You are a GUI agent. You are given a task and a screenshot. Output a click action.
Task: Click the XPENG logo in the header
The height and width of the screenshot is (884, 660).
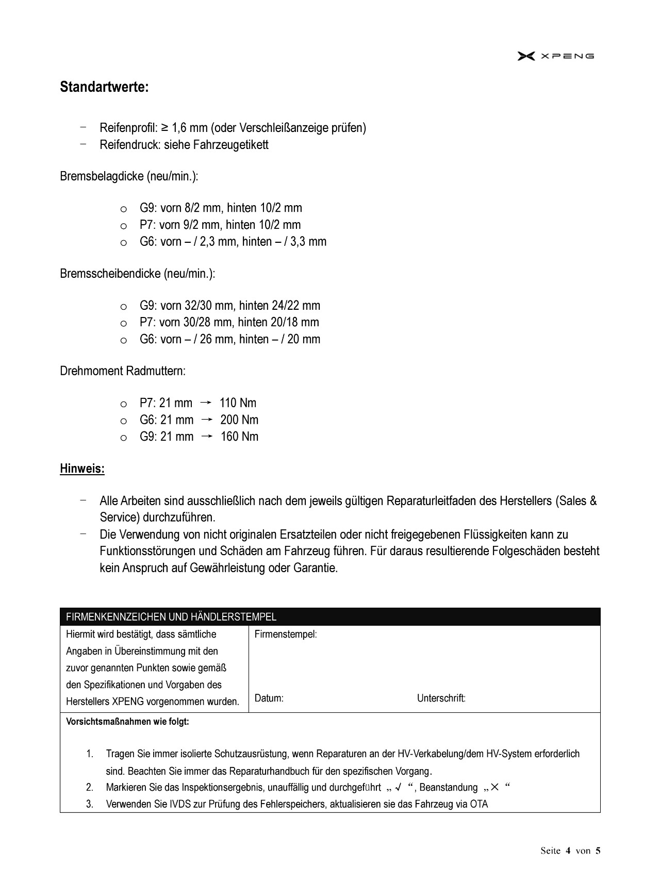(x=555, y=56)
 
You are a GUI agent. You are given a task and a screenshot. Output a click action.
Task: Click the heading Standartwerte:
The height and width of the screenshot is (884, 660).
(x=104, y=87)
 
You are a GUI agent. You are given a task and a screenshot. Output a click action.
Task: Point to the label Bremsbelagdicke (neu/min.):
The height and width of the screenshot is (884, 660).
(x=129, y=176)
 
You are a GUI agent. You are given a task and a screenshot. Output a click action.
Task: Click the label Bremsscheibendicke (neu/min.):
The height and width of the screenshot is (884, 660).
(x=137, y=273)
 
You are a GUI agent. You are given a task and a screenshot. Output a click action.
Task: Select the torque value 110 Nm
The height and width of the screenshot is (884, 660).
(x=238, y=403)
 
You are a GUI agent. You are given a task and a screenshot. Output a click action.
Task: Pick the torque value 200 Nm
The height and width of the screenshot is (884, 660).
(x=239, y=420)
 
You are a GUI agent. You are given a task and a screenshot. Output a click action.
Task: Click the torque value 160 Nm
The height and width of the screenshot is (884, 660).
(x=239, y=437)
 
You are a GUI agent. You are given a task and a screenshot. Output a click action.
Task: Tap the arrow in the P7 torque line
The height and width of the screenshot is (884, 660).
(x=205, y=403)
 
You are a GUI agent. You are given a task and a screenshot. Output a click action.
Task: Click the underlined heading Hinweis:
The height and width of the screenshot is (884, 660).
(x=82, y=469)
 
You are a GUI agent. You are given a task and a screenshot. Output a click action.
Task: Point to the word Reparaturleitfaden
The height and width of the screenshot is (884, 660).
(x=436, y=501)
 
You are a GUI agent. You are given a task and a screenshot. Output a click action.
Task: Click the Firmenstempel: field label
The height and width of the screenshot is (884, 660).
(x=286, y=635)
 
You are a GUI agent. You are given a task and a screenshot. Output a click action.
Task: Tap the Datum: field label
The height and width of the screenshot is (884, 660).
(x=269, y=698)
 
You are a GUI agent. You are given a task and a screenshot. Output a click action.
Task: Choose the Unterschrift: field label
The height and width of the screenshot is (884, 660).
(x=441, y=698)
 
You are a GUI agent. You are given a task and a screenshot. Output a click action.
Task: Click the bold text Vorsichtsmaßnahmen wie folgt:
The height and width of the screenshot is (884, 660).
(x=127, y=722)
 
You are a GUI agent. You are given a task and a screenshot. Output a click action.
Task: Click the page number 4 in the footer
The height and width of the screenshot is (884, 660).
(x=568, y=851)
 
